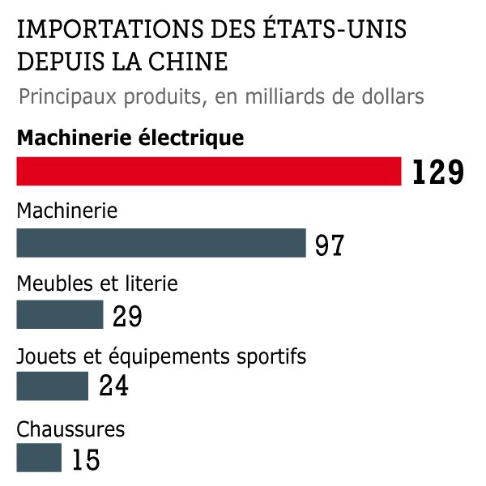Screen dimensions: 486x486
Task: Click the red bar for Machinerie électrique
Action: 209,171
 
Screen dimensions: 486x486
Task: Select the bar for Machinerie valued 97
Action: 161,243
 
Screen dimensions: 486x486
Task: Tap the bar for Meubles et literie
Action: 60,314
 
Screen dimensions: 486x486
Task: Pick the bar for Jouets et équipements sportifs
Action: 53,386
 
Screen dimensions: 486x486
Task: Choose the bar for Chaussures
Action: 39,457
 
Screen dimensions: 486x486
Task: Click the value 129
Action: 437,173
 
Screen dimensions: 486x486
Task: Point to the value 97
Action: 330,245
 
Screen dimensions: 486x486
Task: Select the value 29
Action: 127,316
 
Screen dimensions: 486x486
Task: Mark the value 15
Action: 86,459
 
